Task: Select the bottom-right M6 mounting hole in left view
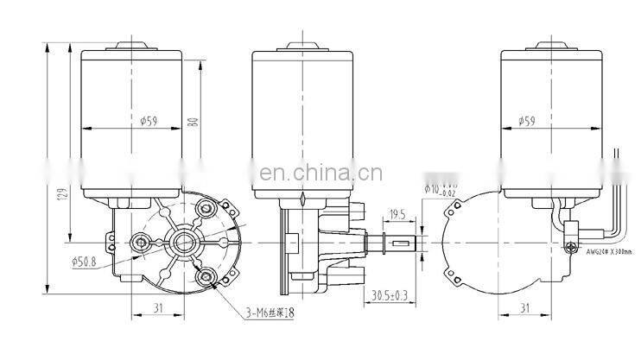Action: click(206, 278)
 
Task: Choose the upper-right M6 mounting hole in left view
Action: click(205, 207)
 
